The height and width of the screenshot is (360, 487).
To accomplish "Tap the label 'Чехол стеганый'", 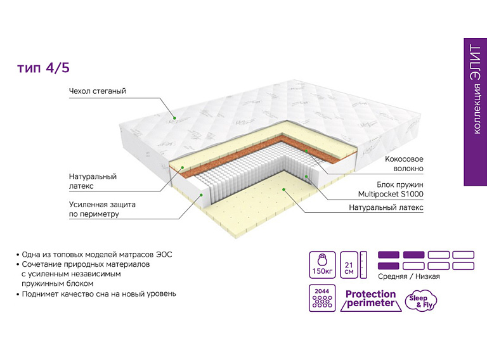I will click(x=98, y=91).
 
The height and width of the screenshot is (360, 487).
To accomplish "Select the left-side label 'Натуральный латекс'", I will click(x=93, y=181).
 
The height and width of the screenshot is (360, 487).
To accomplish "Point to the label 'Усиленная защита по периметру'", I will click(x=102, y=209).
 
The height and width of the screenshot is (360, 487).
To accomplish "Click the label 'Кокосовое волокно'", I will click(x=404, y=164).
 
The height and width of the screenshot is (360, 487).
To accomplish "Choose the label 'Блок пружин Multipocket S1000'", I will click(x=391, y=188).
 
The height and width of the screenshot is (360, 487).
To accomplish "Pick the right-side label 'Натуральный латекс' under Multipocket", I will click(x=386, y=207).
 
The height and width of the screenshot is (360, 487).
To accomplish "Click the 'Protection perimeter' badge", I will click(x=371, y=299).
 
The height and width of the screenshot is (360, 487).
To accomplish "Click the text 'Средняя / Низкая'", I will click(x=408, y=276).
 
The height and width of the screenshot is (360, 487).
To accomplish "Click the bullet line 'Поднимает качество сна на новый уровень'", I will click(x=99, y=294).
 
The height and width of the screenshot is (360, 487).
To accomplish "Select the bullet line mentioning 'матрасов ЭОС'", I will click(x=96, y=254).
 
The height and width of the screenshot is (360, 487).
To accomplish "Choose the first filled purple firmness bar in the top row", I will click(x=389, y=255).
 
